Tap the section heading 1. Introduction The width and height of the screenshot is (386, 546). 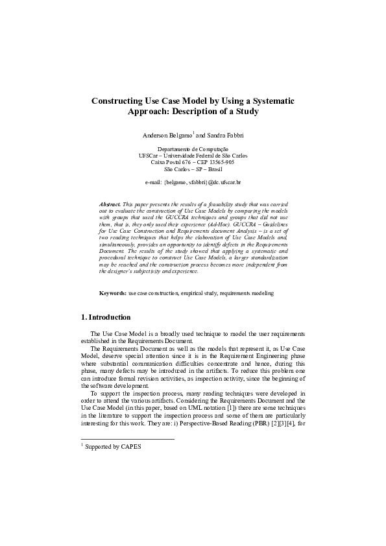(x=105, y=318)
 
